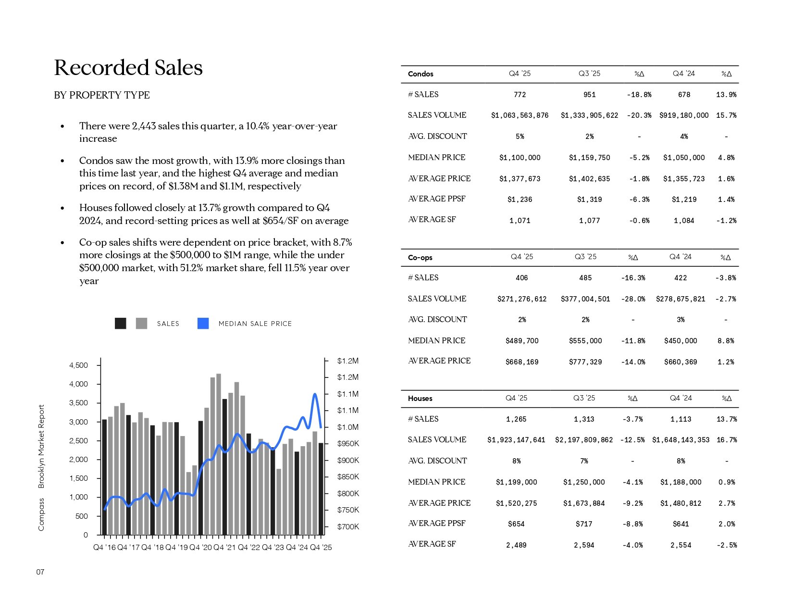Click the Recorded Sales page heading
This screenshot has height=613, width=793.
[x=128, y=68]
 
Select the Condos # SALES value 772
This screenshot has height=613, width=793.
[x=520, y=95]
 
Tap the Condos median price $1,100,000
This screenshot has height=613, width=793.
[x=520, y=158]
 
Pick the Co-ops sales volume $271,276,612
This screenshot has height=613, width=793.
[x=522, y=299]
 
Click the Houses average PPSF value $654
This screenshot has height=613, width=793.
[x=516, y=524]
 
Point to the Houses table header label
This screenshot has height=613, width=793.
[x=420, y=399]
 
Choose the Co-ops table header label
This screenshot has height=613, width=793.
[x=420, y=258]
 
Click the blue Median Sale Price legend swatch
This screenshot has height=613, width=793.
[x=203, y=324]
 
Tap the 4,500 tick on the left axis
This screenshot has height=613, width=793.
[x=79, y=365]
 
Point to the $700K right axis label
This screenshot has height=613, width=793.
[x=348, y=527]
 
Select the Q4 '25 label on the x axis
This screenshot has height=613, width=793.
[x=321, y=548]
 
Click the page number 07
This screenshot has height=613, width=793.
[x=40, y=572]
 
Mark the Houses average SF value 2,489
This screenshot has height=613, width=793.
[x=516, y=545]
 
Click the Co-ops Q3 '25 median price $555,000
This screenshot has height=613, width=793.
[x=585, y=341]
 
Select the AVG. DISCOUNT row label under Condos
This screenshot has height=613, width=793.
[x=437, y=137]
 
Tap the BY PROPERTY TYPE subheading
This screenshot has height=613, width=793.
[x=102, y=95]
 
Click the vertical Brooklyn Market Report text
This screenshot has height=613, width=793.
[x=41, y=446]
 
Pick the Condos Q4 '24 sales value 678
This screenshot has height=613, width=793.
[x=684, y=95]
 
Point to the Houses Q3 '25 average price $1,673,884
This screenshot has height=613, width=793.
[x=584, y=503]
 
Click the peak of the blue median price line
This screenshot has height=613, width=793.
[x=315, y=394]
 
